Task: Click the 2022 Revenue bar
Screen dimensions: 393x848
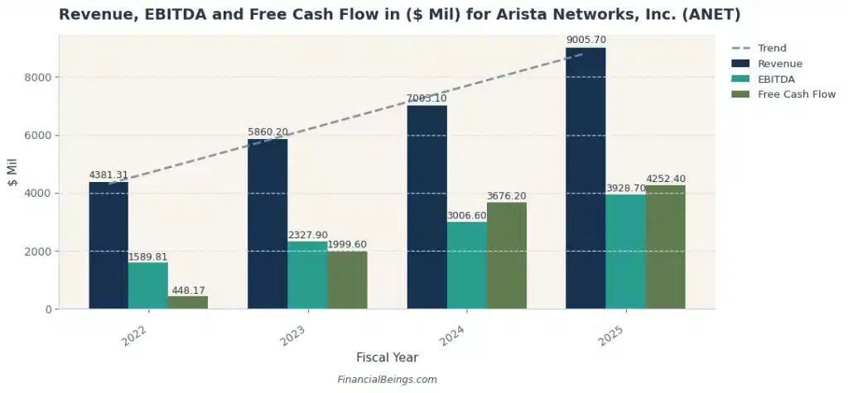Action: (108, 246)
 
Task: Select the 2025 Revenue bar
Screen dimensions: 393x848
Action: (585, 178)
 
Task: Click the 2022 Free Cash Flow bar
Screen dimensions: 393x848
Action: (188, 302)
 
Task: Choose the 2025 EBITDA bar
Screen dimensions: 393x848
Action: (625, 252)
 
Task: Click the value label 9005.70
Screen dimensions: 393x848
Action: (585, 40)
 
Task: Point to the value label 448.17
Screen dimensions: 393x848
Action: (188, 290)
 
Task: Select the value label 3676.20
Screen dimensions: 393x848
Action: (507, 196)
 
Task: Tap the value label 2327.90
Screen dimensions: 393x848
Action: (307, 236)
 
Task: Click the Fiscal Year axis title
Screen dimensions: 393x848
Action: (387, 357)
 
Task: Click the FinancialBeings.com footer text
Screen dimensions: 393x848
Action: (387, 380)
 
